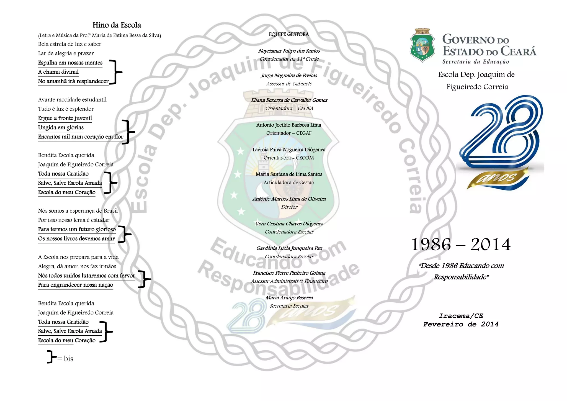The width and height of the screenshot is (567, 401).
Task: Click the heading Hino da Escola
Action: [117, 25]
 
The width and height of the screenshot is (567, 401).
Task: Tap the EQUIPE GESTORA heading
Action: [289, 34]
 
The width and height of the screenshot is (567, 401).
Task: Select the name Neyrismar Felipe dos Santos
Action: [289, 51]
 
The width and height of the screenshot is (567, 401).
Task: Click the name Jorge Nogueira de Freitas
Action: [289, 75]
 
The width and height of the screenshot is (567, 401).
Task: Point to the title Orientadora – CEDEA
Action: [289, 108]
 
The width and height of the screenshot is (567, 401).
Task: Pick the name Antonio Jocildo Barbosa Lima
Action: [288, 125]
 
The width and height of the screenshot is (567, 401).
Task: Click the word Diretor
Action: [289, 207]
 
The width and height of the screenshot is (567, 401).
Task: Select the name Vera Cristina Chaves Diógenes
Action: [289, 223]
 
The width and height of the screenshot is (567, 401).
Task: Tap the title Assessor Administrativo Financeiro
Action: [289, 281]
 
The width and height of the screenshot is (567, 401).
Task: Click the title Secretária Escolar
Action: [289, 306]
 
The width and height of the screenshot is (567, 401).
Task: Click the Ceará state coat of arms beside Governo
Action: [422, 45]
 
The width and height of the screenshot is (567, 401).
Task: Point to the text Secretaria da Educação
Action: [475, 62]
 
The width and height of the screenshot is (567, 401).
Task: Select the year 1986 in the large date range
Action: [431, 244]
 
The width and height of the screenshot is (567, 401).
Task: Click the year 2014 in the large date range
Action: [490, 244]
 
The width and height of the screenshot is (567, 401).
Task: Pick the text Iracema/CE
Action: [461, 316]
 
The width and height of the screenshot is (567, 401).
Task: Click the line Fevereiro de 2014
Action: [461, 324]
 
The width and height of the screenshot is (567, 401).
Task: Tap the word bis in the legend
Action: [68, 359]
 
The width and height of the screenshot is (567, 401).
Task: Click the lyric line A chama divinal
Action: [58, 72]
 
